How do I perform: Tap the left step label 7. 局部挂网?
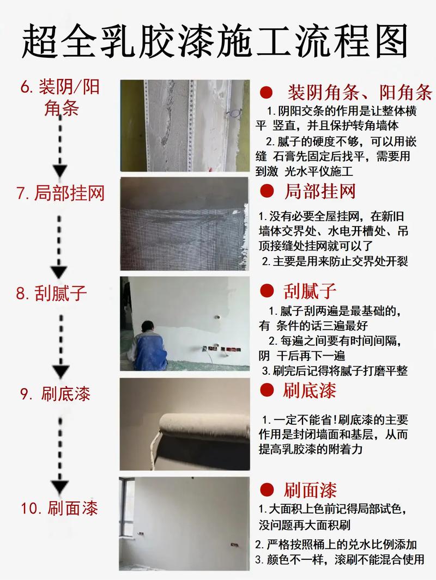click(x=60, y=193)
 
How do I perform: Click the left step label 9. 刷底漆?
click(x=56, y=394)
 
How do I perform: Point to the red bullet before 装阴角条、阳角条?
click(x=267, y=91)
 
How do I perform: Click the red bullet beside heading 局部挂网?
click(x=267, y=191)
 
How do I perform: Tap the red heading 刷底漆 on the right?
click(x=310, y=390)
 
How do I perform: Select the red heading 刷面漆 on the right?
click(x=310, y=490)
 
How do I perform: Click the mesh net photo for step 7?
click(x=185, y=223)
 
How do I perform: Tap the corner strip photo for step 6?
click(x=185, y=126)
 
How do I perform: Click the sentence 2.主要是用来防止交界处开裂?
click(x=335, y=261)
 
